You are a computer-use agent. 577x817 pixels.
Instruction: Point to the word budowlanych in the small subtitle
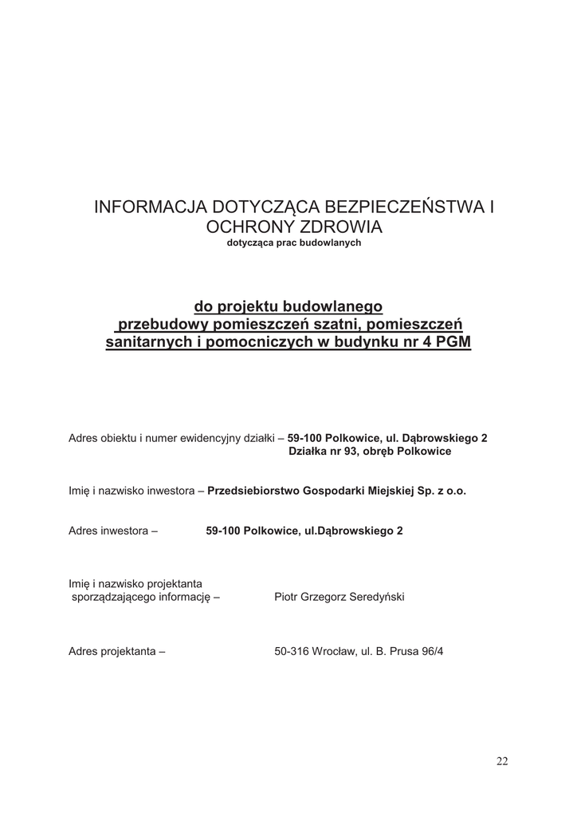[332, 243]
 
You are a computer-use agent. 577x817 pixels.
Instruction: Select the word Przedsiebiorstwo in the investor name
[253, 491]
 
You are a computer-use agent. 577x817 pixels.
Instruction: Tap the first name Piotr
[287, 597]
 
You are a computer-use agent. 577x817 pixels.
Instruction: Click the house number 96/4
[430, 651]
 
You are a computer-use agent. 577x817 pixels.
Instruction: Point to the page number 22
[502, 761]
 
